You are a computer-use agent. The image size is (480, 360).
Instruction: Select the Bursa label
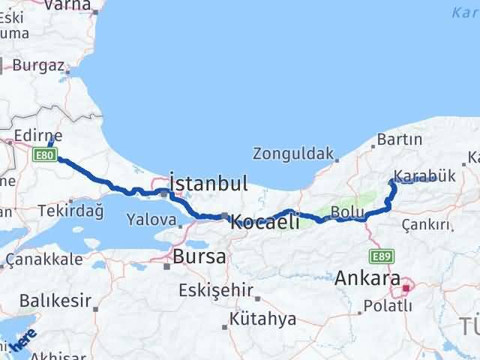[199, 257]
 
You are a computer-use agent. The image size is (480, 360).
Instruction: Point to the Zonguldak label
[292, 154]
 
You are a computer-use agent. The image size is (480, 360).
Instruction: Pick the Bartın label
[400, 140]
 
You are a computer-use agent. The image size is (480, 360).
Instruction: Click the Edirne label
[39, 136]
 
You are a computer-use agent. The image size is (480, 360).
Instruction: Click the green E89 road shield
[381, 255]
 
